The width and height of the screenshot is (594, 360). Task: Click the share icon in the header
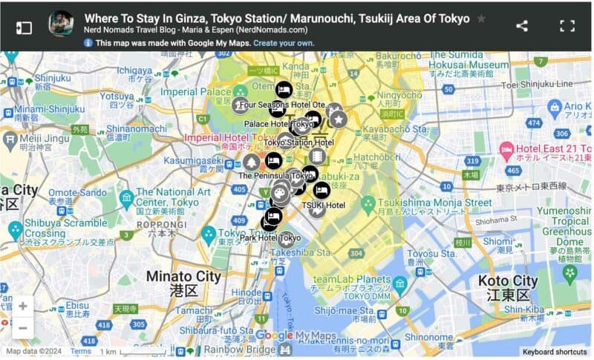click(x=522, y=26)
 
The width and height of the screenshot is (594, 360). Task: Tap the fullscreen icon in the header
click(x=567, y=26)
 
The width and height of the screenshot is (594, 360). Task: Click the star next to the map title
click(x=482, y=19)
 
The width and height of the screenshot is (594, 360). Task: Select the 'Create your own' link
click(x=284, y=43)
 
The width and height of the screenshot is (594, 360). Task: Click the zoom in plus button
click(x=23, y=305)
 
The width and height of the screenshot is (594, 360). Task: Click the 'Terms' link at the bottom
click(x=80, y=352)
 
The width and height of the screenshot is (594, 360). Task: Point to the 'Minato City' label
click(x=183, y=277)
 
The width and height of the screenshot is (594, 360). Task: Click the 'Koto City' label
click(x=507, y=281)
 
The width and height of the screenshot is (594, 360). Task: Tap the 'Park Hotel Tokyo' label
click(x=270, y=238)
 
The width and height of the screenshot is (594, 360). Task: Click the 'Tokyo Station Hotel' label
click(x=299, y=142)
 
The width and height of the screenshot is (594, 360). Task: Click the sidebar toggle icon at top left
click(x=24, y=27)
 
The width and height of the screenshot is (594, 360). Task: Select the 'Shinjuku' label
click(x=52, y=77)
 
